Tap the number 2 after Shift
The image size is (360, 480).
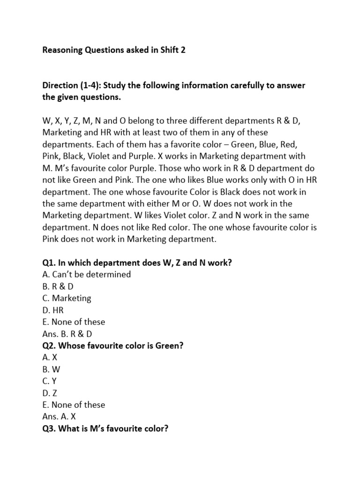[183, 50]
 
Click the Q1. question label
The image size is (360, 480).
[50, 262]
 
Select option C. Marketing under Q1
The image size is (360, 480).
[67, 298]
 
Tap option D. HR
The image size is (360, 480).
[53, 310]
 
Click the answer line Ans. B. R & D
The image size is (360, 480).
[67, 334]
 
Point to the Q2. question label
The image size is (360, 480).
[50, 345]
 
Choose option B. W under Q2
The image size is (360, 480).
[52, 369]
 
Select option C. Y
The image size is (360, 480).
[51, 381]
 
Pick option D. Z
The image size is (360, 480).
[51, 393]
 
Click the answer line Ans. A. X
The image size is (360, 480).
[59, 417]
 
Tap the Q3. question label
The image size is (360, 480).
[50, 428]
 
